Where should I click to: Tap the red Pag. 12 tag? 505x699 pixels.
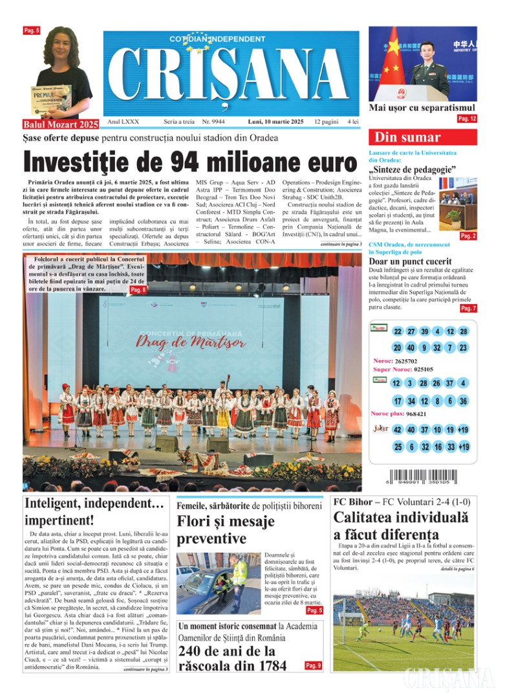tap(467, 119)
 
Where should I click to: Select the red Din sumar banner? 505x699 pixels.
tap(423, 137)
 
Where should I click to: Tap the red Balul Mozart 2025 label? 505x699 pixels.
tap(61, 124)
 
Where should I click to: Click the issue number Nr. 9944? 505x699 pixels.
tap(213, 122)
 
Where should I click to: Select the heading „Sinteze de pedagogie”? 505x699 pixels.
tap(412, 170)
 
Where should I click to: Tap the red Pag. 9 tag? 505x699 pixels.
tap(313, 665)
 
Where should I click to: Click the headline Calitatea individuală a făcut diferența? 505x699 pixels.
tap(400, 526)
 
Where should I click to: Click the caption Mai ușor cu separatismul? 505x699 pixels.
tap(422, 108)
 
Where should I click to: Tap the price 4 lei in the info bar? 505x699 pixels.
tap(352, 122)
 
